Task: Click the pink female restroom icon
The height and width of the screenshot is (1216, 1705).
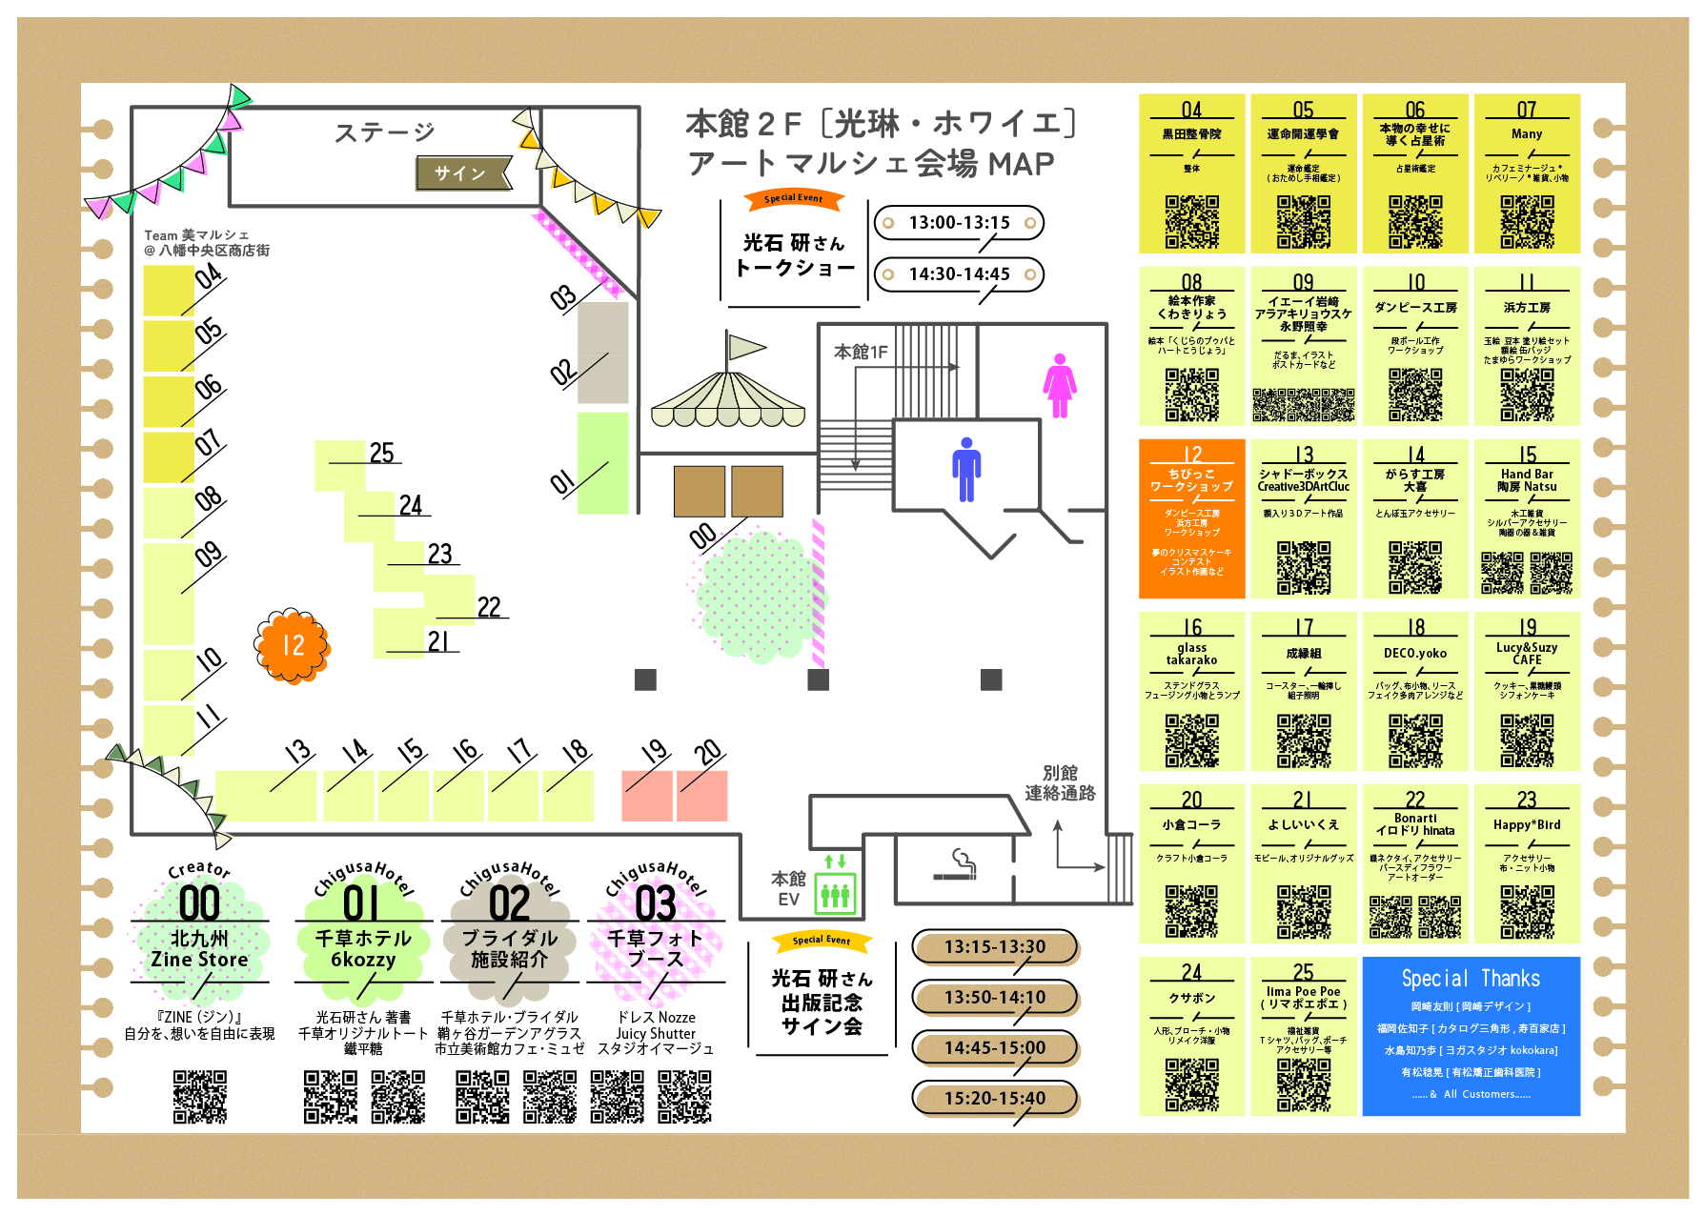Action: [x=1059, y=385]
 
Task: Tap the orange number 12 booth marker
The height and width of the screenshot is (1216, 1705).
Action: [x=293, y=646]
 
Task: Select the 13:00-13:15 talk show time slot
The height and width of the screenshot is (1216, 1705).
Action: [x=959, y=223]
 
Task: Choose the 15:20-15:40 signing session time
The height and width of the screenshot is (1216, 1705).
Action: [x=994, y=1098]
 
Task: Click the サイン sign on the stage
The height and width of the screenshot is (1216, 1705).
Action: [x=462, y=172]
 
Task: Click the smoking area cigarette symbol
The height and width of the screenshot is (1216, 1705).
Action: [x=955, y=865]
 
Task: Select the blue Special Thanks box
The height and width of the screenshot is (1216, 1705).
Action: [x=1471, y=1036]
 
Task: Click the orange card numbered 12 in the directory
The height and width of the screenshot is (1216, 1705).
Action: [x=1191, y=518]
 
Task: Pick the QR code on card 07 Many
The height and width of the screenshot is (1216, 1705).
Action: [x=1527, y=222]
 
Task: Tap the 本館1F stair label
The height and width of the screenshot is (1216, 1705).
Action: [x=861, y=352]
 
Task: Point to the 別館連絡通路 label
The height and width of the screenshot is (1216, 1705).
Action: [x=1060, y=782]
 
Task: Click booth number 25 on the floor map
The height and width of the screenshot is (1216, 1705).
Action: [x=381, y=454]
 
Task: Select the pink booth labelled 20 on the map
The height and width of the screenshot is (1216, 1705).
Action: [x=702, y=796]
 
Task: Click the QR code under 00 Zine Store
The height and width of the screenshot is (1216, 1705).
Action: [x=199, y=1096]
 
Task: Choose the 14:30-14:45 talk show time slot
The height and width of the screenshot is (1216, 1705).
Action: [x=959, y=274]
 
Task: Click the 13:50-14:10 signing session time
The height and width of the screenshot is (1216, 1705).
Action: [x=994, y=997]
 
